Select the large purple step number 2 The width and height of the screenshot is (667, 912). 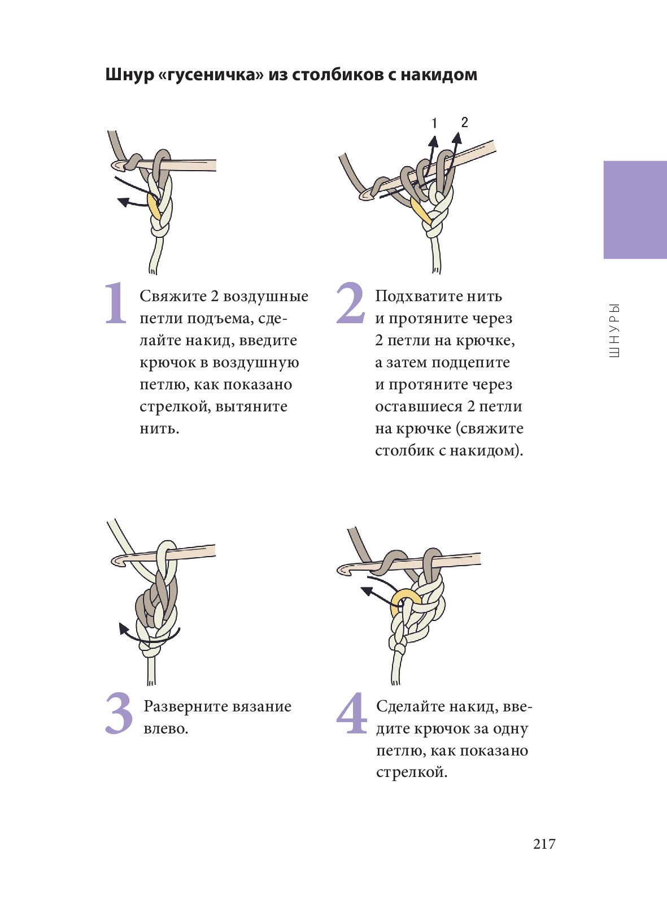point(350,303)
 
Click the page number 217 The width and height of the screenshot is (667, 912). point(544,844)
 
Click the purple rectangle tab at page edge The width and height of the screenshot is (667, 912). point(635,210)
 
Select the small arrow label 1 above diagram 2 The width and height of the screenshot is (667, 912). point(435,123)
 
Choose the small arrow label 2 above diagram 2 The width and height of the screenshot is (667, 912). point(464,122)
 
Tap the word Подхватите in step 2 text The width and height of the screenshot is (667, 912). point(418,296)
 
